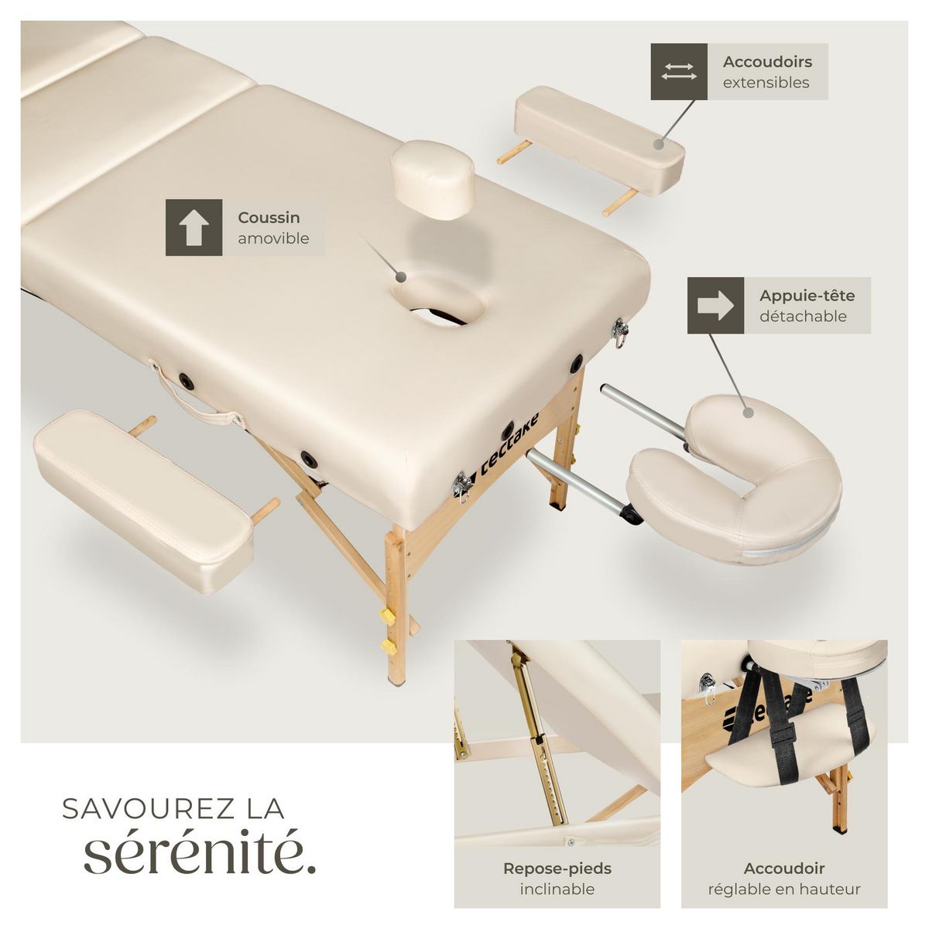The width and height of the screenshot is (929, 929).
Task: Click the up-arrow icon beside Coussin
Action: [x=194, y=228]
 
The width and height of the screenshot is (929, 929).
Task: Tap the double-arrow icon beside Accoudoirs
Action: [x=679, y=71]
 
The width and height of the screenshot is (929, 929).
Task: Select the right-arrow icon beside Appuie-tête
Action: [x=715, y=306]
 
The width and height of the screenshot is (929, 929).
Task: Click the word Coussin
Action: [x=269, y=218]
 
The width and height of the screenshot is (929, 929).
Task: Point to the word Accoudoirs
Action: [x=767, y=61]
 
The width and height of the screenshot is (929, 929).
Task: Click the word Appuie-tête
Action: [x=807, y=295]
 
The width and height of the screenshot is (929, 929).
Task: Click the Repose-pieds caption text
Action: [x=557, y=869]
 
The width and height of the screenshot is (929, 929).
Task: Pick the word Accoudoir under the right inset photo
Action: [x=783, y=869]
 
